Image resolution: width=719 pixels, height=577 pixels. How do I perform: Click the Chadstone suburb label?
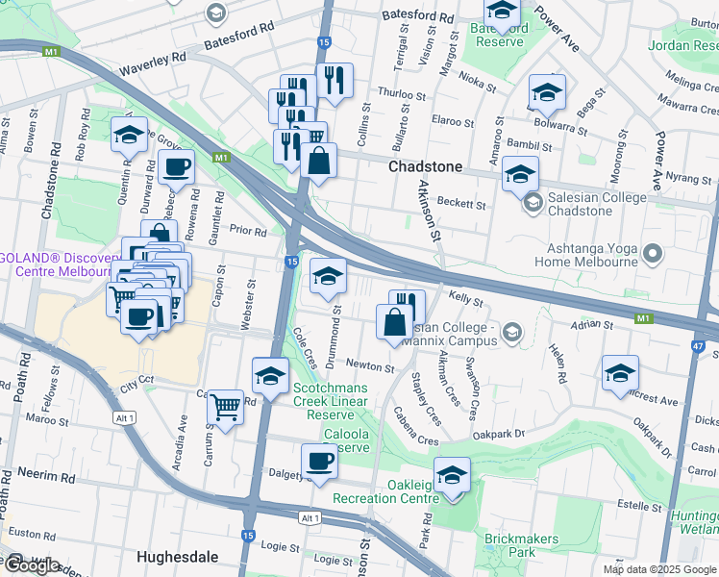pyautogui.click(x=425, y=166)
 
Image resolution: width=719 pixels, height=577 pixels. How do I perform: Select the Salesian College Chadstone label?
pyautogui.click(x=587, y=203)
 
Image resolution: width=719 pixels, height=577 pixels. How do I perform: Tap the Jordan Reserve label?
pyautogui.click(x=682, y=45)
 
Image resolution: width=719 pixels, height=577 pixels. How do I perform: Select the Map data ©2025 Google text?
pyautogui.click(x=658, y=569)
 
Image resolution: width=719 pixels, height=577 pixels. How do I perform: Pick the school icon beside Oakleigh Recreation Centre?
pyautogui.click(x=452, y=474)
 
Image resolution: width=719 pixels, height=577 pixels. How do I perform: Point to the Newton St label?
pyautogui.click(x=370, y=367)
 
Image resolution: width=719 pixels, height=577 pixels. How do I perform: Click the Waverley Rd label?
pyautogui.click(x=153, y=64)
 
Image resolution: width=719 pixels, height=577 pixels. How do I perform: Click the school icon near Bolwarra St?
pyautogui.click(x=546, y=92)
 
